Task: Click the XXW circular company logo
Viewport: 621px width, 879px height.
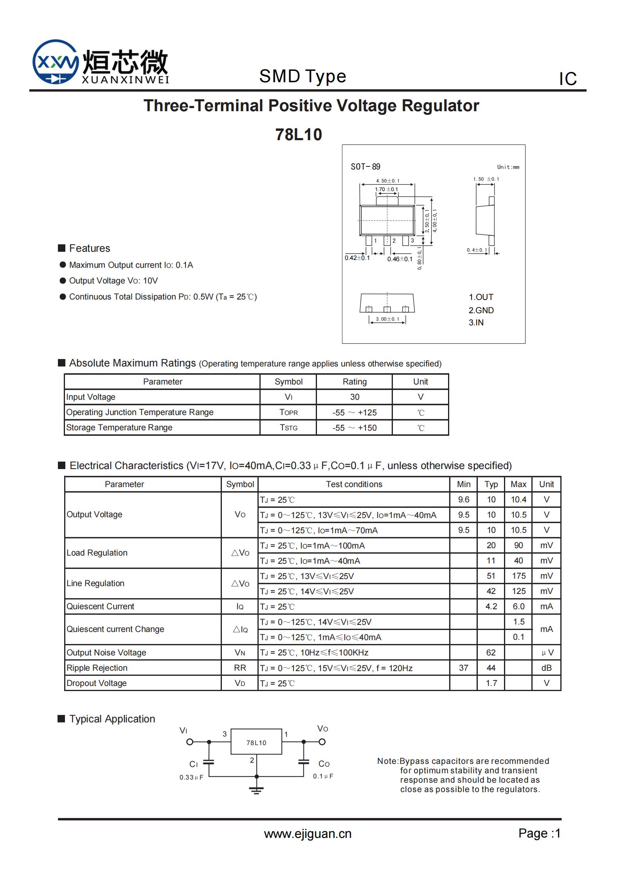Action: (56, 62)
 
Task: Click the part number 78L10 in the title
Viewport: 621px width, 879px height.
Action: (299, 134)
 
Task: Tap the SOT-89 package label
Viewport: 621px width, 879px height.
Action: (365, 167)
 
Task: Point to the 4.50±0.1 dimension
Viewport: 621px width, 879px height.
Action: (387, 180)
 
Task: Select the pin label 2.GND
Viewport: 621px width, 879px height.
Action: (481, 310)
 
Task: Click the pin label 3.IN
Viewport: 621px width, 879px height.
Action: (476, 322)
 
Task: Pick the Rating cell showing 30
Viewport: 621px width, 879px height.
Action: (354, 397)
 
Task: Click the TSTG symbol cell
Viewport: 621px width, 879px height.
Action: (288, 428)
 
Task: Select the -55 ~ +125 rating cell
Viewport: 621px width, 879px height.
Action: (354, 412)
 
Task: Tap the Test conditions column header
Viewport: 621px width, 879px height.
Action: (354, 484)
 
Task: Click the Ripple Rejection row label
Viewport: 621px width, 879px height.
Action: (97, 668)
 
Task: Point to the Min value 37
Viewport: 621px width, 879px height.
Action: (463, 668)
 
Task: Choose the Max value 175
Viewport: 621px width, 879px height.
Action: (518, 576)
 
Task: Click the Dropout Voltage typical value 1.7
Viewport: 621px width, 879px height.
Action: (491, 683)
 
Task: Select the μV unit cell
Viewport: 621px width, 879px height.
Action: (546, 652)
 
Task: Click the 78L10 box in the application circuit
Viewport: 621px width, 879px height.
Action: (256, 742)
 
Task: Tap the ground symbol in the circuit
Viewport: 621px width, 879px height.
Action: (256, 790)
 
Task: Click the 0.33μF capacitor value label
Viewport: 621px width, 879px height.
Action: (191, 777)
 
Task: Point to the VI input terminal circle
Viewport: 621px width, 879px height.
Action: (190, 742)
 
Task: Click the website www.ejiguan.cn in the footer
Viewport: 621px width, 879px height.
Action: (308, 834)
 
